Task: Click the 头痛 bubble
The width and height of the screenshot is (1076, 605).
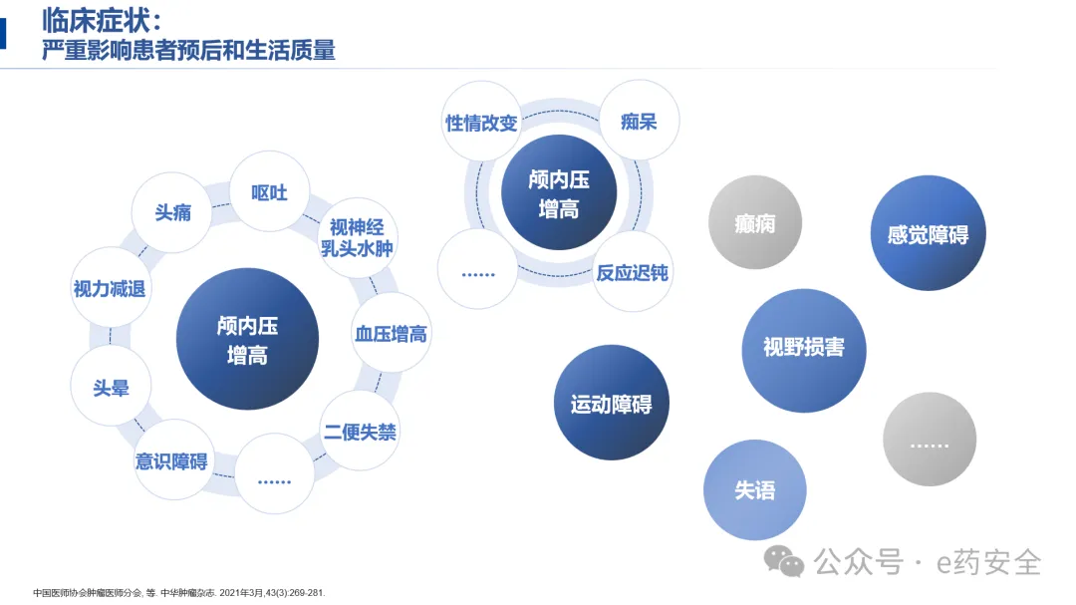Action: pyautogui.click(x=172, y=212)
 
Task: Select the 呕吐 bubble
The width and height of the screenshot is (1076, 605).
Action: pyautogui.click(x=269, y=191)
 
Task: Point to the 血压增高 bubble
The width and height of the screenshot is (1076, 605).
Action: pyautogui.click(x=391, y=334)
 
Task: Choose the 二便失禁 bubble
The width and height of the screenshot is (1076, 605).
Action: pyautogui.click(x=360, y=432)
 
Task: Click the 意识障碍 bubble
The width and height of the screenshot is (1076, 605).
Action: pyautogui.click(x=172, y=460)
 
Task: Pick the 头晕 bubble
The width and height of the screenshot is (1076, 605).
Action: pyautogui.click(x=111, y=388)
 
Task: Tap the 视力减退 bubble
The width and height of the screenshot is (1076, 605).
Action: pyautogui.click(x=110, y=289)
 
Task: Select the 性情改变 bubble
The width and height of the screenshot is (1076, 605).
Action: pyautogui.click(x=481, y=123)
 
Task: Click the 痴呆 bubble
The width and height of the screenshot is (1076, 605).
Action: pyautogui.click(x=638, y=122)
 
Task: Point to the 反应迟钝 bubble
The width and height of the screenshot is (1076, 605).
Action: pyautogui.click(x=632, y=271)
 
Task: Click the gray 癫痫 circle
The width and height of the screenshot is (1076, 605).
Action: pyautogui.click(x=754, y=223)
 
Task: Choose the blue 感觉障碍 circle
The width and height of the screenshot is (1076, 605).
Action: pyautogui.click(x=928, y=234)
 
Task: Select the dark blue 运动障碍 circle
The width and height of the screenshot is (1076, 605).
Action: pyautogui.click(x=611, y=404)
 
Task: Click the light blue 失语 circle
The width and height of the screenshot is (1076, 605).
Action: pyautogui.click(x=754, y=490)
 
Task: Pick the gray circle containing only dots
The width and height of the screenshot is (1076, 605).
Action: pyautogui.click(x=929, y=440)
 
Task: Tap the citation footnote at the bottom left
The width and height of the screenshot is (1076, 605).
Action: pyautogui.click(x=178, y=593)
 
